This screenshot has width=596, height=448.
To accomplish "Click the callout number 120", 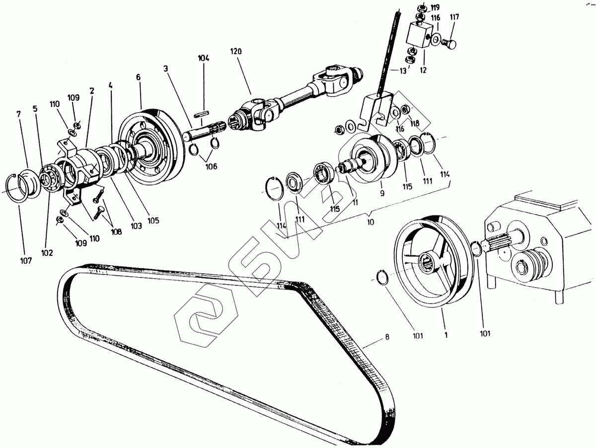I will pos(235,51).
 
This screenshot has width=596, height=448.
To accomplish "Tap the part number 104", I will pos(203,59).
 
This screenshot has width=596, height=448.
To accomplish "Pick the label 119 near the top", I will pos(435,7).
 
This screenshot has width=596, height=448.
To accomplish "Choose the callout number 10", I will pos(370,223).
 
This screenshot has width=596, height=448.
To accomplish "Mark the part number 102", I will pos(47,252).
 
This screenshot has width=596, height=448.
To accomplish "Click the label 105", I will pos(153,221).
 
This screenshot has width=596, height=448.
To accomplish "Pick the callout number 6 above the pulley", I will pos(138,77).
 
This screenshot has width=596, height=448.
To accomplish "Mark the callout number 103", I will pos(136,225).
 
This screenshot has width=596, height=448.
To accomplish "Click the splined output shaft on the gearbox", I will pos(502,243).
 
